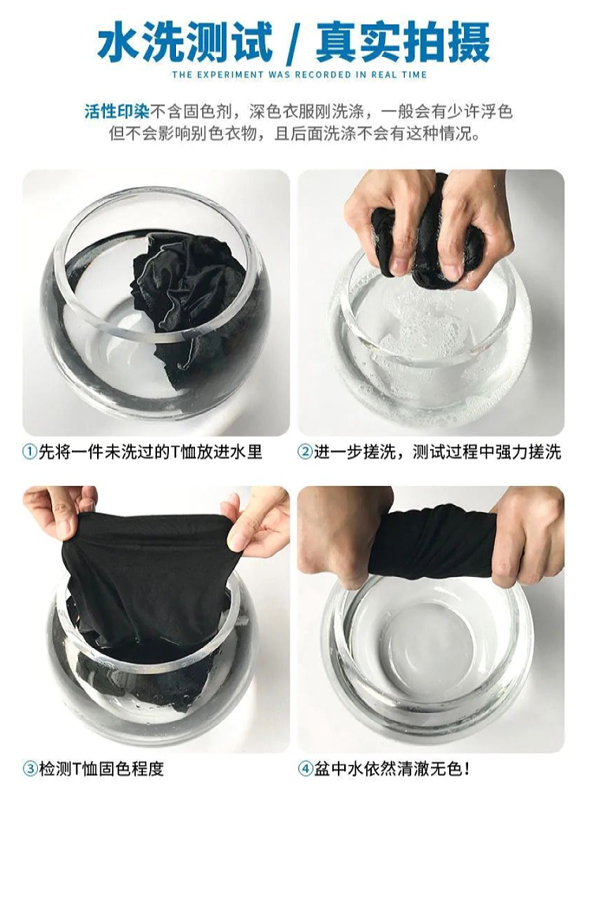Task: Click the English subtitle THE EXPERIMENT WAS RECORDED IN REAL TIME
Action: point(299,75)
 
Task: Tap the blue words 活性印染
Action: point(117,111)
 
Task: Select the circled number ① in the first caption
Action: point(30,451)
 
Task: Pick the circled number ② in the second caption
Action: point(305,451)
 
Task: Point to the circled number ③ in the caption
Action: point(30,768)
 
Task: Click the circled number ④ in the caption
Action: point(305,768)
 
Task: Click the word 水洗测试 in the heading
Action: point(185,43)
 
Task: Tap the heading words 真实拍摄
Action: point(404,43)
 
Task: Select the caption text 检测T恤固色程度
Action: point(102,768)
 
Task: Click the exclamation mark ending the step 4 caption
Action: point(467,768)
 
